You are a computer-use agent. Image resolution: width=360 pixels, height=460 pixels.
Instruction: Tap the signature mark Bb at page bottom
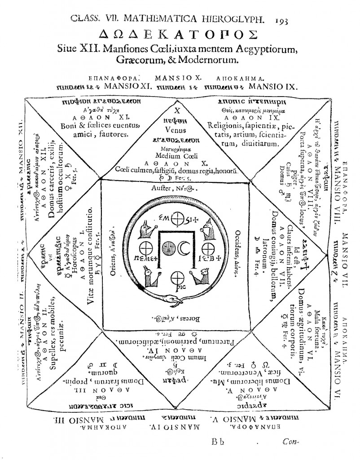[218, 441]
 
